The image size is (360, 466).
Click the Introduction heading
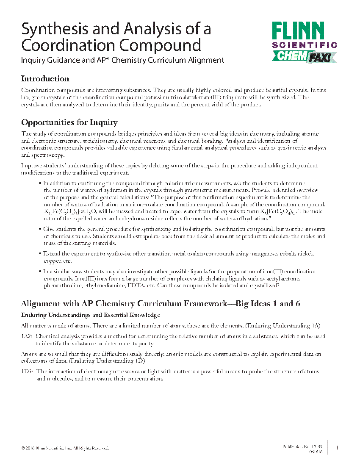click(45, 79)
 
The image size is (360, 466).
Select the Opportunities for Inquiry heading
click(69, 122)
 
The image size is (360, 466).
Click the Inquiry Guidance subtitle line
click(122, 60)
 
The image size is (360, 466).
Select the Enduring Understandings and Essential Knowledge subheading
click(90, 315)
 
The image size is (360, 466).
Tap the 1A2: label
click(27, 336)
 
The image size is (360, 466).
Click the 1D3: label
click(27, 372)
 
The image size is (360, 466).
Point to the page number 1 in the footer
click(337, 448)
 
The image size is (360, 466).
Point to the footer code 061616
click(316, 452)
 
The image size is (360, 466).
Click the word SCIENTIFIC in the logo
click(304, 44)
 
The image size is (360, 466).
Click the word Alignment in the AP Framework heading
click(42, 304)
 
